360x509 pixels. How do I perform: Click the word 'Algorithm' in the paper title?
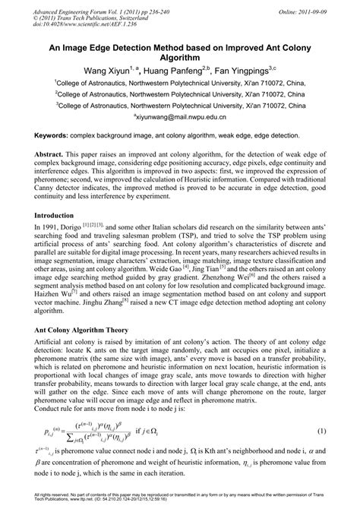click(179, 55)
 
